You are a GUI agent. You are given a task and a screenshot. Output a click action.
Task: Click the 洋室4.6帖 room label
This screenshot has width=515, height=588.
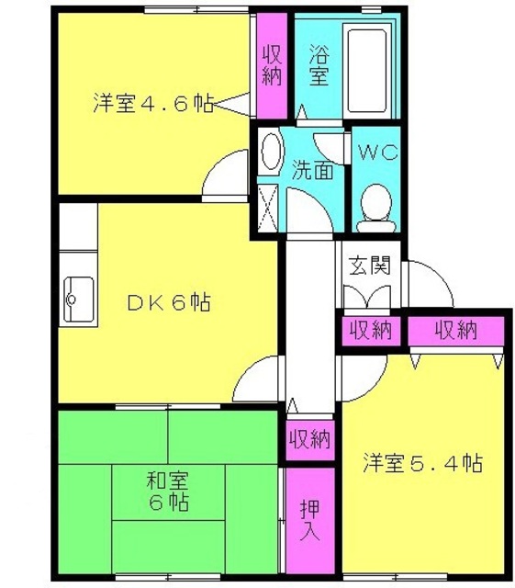153,102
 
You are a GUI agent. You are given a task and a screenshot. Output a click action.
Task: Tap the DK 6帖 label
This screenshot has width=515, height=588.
169,302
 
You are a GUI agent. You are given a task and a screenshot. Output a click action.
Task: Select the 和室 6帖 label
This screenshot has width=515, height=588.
167,492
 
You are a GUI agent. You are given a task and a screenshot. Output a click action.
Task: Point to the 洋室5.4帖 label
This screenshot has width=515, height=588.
423,463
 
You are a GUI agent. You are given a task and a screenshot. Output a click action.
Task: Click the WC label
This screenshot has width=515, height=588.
377,153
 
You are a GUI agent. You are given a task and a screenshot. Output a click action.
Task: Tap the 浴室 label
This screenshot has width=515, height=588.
319,65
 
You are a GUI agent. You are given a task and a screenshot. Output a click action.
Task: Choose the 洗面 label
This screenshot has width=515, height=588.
312,170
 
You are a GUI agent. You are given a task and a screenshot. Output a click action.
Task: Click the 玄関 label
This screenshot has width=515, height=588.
370,266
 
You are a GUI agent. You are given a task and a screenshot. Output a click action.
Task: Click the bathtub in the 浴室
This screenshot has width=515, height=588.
366,72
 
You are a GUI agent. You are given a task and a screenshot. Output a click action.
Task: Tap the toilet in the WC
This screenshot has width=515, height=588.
376,209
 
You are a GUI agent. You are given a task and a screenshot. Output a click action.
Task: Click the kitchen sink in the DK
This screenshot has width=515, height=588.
79,300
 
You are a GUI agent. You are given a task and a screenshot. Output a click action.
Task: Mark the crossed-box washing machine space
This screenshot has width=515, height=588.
268,209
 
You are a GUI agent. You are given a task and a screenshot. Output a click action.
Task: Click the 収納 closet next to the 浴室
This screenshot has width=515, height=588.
272,66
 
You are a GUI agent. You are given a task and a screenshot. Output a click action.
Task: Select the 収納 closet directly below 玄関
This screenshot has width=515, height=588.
371,331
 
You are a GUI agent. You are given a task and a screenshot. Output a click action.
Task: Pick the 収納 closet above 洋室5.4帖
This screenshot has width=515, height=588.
455,331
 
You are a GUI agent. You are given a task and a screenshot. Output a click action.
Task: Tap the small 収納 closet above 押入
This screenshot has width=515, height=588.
310,439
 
